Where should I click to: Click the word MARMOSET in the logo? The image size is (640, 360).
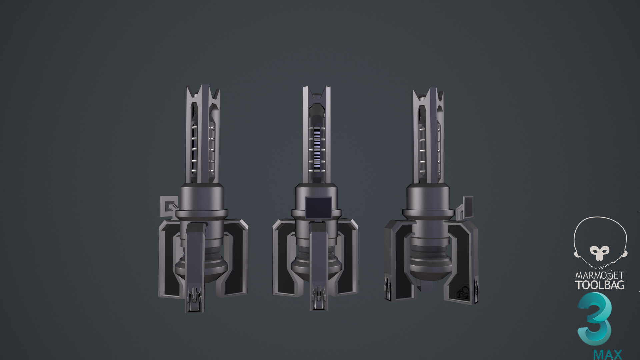tap(600, 275)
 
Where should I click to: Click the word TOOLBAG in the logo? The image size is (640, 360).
tap(600, 285)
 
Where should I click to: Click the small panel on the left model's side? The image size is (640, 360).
tap(168, 208)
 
